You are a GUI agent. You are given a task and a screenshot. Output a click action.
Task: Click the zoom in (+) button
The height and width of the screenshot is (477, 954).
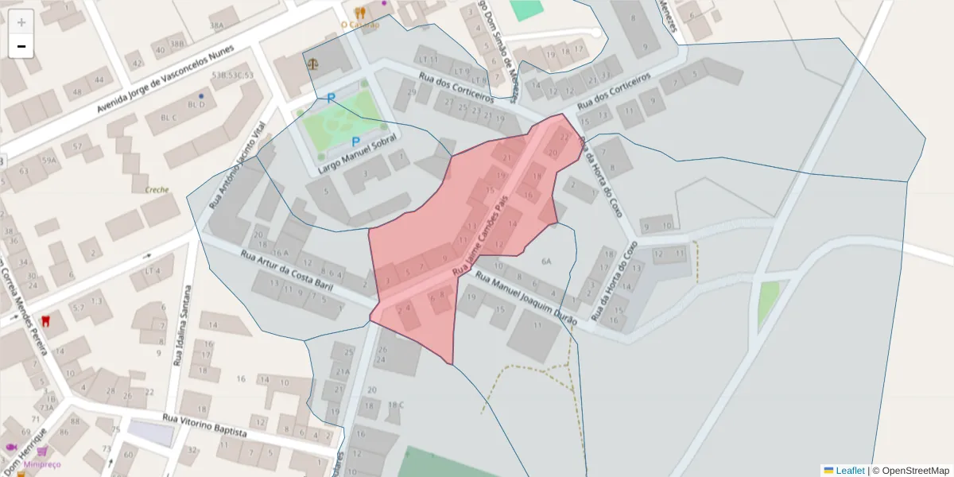tap(21, 22)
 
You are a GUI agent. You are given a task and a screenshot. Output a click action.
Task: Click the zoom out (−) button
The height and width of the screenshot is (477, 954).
tap(21, 46)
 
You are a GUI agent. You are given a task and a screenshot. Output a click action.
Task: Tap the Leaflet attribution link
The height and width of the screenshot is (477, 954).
tap(849, 471)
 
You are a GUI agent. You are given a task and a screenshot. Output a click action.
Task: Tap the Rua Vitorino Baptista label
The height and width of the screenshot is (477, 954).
tap(205, 426)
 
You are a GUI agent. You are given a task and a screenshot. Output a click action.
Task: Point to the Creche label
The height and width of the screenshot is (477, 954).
tap(157, 190)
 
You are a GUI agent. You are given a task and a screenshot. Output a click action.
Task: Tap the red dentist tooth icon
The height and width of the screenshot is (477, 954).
tap(45, 321)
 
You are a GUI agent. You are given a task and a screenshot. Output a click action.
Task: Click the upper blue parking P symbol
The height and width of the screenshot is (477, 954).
tap(332, 98)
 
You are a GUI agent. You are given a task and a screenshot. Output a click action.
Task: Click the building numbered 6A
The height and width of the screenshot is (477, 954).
tap(546, 262)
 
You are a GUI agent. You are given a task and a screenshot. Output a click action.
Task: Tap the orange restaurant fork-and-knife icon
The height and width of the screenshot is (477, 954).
tap(360, 13)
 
